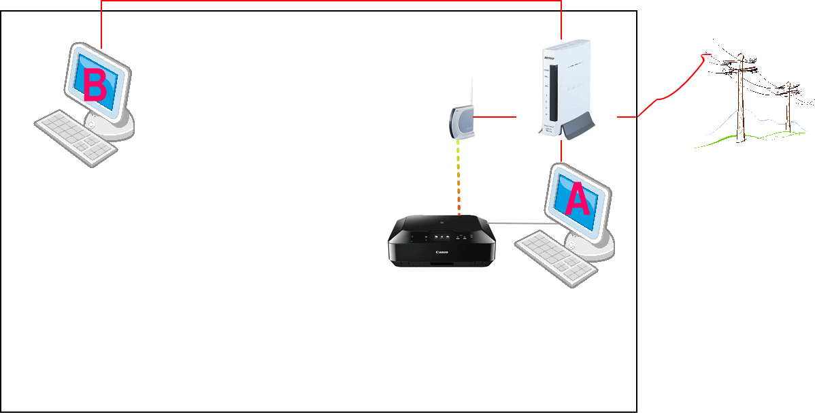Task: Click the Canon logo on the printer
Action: click(x=442, y=252)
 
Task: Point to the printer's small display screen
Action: click(x=439, y=237)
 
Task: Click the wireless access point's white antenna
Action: click(x=471, y=91)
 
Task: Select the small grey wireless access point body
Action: click(x=461, y=123)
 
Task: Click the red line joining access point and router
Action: click(x=495, y=118)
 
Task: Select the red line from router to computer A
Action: click(x=561, y=151)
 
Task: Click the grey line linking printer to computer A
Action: click(x=520, y=223)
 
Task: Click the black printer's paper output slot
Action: click(x=441, y=261)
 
